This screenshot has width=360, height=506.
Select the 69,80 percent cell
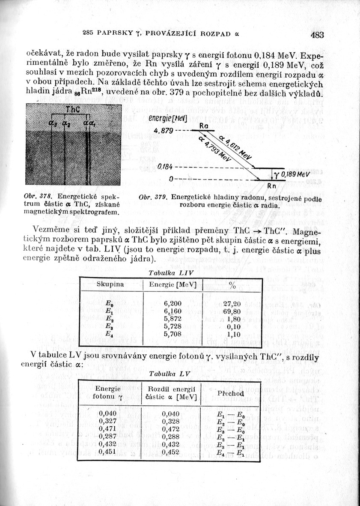[232, 311]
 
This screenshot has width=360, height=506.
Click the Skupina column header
[110, 284]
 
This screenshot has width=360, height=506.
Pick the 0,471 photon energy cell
[107, 428]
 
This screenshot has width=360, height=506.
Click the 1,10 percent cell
[232, 334]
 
